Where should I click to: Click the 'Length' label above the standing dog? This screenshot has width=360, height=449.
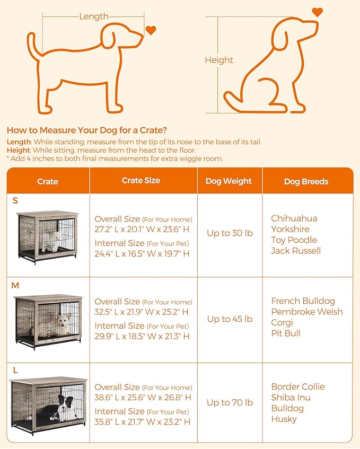[x=94, y=16]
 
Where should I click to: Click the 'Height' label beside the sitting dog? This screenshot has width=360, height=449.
[x=219, y=60]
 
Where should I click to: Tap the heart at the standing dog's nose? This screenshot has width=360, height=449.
[x=151, y=30]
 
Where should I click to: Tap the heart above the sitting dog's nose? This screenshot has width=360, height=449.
[x=317, y=12]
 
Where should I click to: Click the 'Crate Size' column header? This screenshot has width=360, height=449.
[x=141, y=181]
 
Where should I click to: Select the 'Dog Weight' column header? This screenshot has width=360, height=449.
[x=229, y=181]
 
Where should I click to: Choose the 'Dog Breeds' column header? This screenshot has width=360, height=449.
[x=306, y=181]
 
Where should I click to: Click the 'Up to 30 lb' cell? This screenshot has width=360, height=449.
[x=230, y=233]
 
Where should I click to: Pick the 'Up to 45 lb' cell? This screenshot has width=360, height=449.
[x=230, y=319]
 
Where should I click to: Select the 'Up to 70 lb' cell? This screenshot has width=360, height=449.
[x=230, y=403]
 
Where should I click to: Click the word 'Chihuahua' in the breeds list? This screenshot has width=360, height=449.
[x=294, y=218]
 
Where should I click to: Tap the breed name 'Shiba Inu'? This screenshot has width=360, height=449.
[x=291, y=398]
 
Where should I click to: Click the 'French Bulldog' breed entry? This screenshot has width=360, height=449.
[x=303, y=301]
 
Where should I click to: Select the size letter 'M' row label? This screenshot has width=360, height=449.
[x=15, y=286]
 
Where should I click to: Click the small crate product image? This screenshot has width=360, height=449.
[x=47, y=235]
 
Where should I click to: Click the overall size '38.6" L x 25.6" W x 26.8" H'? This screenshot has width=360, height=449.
[x=143, y=398]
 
